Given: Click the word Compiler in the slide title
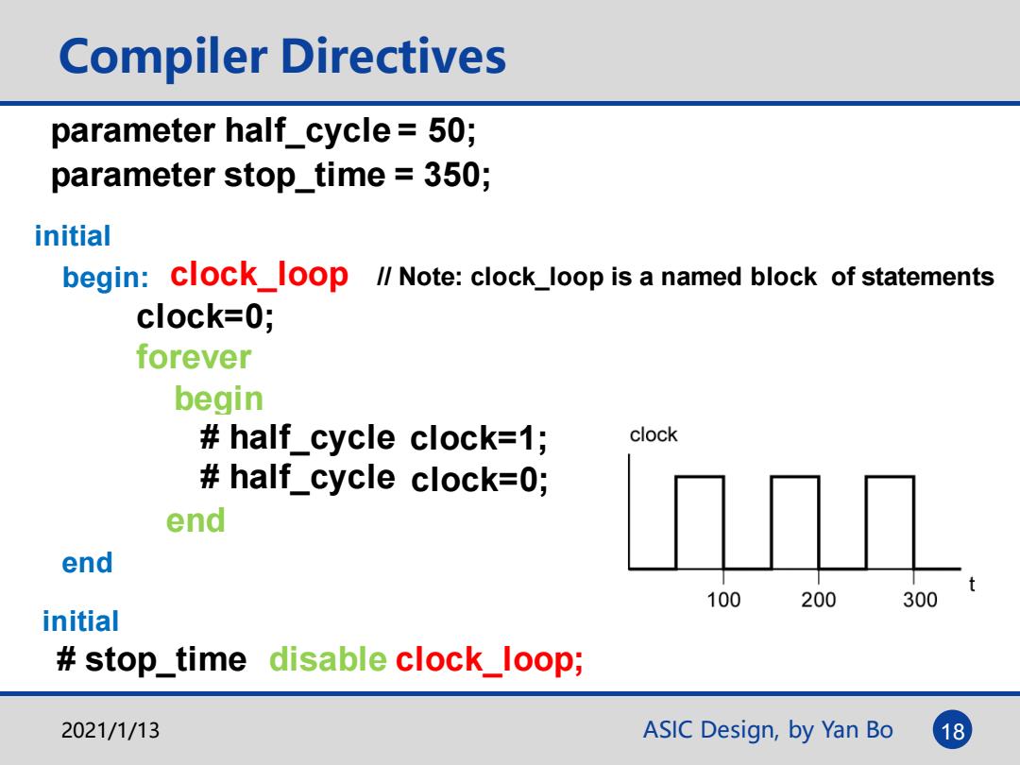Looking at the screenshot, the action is pyautogui.click(x=163, y=58).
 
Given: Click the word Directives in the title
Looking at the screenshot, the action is pyautogui.click(x=394, y=56).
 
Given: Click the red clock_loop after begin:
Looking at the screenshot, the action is pyautogui.click(x=259, y=275).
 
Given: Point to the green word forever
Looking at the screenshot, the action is pyautogui.click(x=194, y=357).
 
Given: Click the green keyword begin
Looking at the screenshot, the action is pyautogui.click(x=218, y=399).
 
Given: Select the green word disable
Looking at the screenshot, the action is pyautogui.click(x=328, y=659).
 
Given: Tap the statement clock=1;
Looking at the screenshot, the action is pyautogui.click(x=478, y=438).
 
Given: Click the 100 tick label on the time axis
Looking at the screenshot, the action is pyautogui.click(x=723, y=599).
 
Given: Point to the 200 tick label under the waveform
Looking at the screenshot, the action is pyautogui.click(x=818, y=599).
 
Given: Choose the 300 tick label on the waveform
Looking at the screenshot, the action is pyautogui.click(x=920, y=599).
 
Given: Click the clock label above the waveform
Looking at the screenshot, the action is pyautogui.click(x=654, y=434).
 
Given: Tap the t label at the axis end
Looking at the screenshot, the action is pyautogui.click(x=972, y=584).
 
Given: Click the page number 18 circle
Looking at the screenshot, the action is pyautogui.click(x=952, y=730).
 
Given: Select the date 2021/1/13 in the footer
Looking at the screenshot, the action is pyautogui.click(x=110, y=730).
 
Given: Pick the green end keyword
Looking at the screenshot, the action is pyautogui.click(x=195, y=520).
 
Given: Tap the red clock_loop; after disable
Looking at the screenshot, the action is pyautogui.click(x=488, y=660).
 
